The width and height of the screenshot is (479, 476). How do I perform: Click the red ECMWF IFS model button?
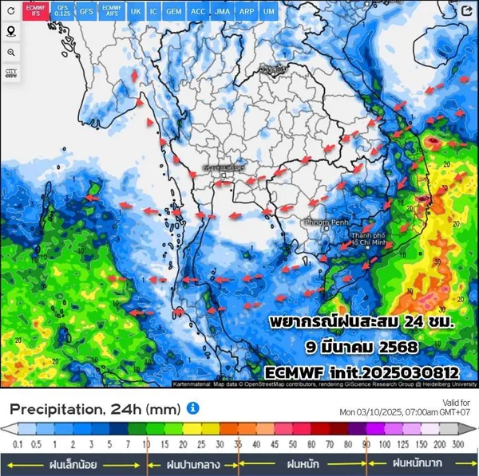[34, 10]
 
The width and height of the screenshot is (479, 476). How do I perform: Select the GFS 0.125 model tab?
[62, 10]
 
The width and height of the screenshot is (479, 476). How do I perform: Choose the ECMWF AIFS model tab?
[112, 10]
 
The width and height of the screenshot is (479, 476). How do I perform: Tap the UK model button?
[135, 10]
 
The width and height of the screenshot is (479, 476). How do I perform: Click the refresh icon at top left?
[11, 11]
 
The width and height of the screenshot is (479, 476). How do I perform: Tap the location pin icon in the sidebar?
[11, 31]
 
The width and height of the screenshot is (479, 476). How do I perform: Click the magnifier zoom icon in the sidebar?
[11, 52]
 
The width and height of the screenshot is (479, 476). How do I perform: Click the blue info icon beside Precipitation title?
[192, 408]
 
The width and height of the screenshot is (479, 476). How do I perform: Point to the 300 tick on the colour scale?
[458, 443]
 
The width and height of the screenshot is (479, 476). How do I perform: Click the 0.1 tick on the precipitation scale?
[18, 443]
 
